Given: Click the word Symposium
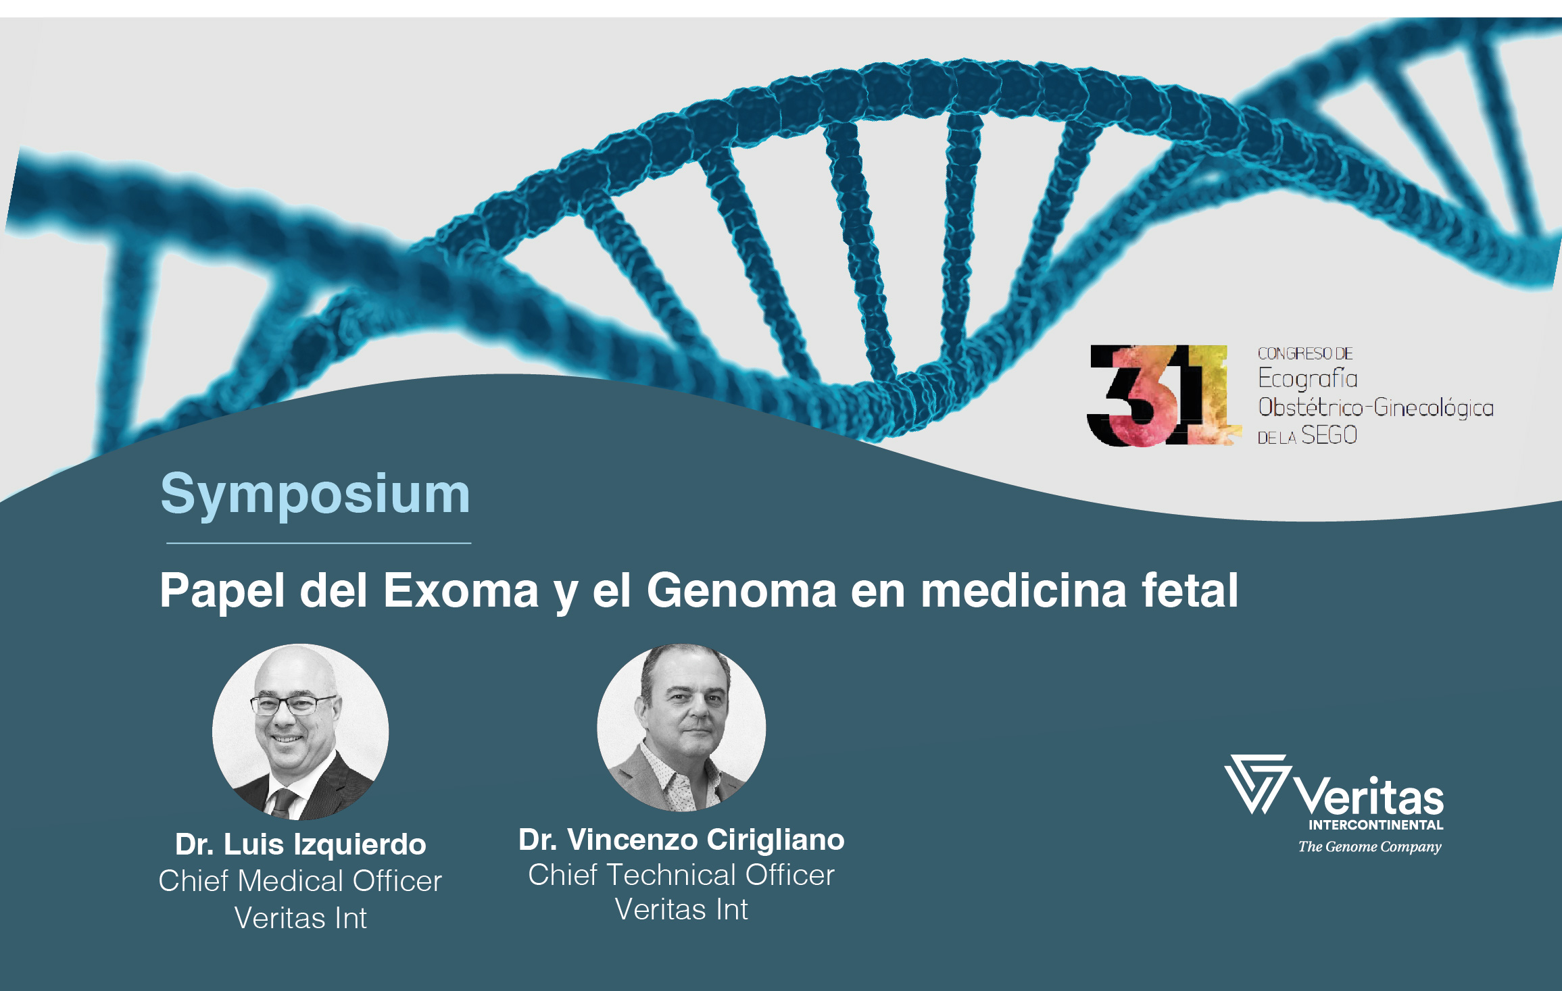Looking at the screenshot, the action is click(315, 495).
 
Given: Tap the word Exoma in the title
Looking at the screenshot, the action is click(461, 590).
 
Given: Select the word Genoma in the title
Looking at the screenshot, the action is click(741, 590).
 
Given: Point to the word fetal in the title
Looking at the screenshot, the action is click(1190, 590).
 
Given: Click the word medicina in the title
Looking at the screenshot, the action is click(1023, 590).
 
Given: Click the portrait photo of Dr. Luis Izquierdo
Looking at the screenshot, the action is click(300, 732).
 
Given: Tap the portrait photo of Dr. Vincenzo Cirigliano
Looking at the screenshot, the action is click(681, 728).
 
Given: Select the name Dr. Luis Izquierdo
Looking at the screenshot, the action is click(301, 844).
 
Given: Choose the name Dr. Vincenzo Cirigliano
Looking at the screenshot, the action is click(681, 840).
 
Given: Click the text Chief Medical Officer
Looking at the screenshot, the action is click(300, 881).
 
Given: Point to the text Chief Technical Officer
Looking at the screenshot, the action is click(681, 875).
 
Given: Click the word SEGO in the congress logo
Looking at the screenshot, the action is click(1329, 435).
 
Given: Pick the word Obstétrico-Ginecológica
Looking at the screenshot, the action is click(1375, 407).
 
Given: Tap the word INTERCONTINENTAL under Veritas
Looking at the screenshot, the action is click(1376, 825).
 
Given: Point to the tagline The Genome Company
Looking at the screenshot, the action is click(1369, 847).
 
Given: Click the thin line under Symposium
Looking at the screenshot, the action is click(318, 542).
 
